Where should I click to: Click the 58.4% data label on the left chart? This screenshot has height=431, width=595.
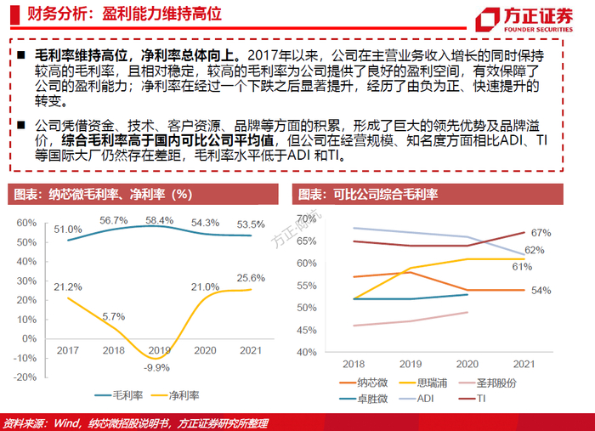point(160,220)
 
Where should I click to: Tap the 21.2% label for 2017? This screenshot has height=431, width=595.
point(67,288)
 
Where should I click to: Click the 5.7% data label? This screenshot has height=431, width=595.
point(113,317)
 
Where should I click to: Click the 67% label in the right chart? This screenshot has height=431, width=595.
point(541,232)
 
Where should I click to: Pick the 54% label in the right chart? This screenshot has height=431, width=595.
point(541,290)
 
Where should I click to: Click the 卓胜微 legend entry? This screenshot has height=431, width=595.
point(363,398)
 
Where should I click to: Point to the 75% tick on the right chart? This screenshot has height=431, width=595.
point(304,218)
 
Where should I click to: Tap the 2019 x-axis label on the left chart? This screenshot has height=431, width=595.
point(159,349)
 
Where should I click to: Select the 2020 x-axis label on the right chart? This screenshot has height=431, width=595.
point(467,363)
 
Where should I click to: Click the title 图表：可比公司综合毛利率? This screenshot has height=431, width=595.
point(367,195)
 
